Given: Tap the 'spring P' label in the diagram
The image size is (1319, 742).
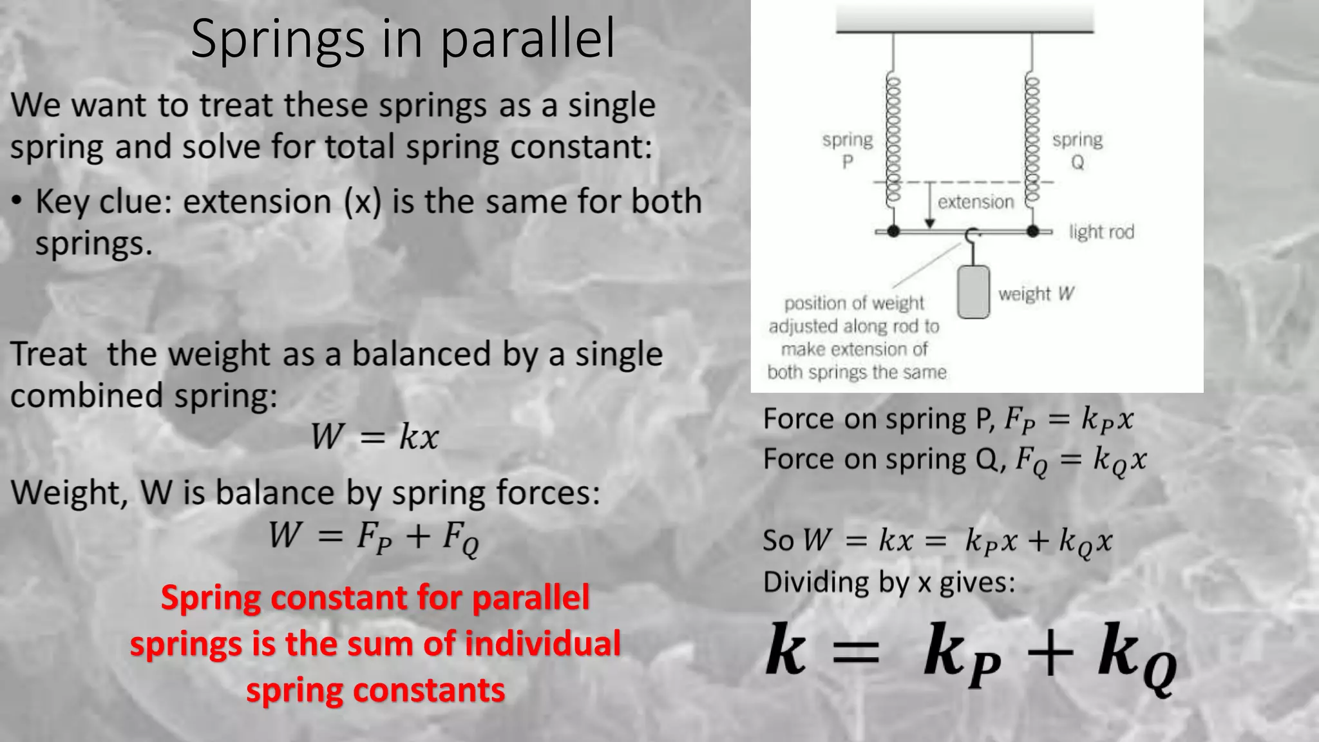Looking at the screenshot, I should (x=848, y=150).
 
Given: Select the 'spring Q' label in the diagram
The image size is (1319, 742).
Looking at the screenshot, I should (x=1077, y=150).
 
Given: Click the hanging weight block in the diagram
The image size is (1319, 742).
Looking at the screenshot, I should (x=973, y=292).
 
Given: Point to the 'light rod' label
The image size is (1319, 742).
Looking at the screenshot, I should (x=1101, y=232).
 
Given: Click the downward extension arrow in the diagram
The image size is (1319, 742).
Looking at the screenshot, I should (x=929, y=206).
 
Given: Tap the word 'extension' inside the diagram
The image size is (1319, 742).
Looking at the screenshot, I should (x=976, y=202).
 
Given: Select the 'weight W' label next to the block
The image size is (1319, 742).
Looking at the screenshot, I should (x=1036, y=294).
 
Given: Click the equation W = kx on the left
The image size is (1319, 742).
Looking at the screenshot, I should (x=374, y=437).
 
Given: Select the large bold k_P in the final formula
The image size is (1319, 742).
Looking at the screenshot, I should (x=962, y=656).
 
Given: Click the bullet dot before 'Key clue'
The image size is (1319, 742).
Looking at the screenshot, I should (x=17, y=201).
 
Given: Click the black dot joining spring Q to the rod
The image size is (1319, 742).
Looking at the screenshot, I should (x=1033, y=231).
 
